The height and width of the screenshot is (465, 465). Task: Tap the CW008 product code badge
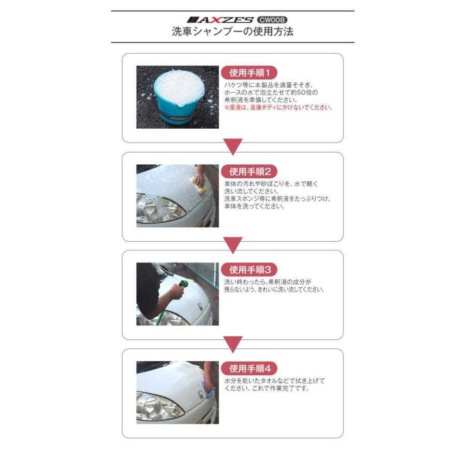tap(273, 20)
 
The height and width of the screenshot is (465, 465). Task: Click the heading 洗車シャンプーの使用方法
tap(233, 32)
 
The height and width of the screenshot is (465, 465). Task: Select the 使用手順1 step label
tap(250, 72)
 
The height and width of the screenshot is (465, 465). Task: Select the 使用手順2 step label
tap(250, 171)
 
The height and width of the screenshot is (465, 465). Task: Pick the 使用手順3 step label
tap(250, 269)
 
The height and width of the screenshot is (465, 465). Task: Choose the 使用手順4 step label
tap(250, 368)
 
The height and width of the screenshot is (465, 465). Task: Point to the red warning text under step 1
tap(278, 108)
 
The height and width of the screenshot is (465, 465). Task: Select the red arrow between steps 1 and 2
tap(233, 147)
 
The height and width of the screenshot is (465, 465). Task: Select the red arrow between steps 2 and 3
tap(233, 245)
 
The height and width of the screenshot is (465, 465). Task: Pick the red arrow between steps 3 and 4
tap(233, 344)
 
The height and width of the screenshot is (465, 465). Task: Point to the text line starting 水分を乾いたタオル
tap(274, 381)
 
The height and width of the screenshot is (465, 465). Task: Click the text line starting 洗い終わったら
tap(268, 282)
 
